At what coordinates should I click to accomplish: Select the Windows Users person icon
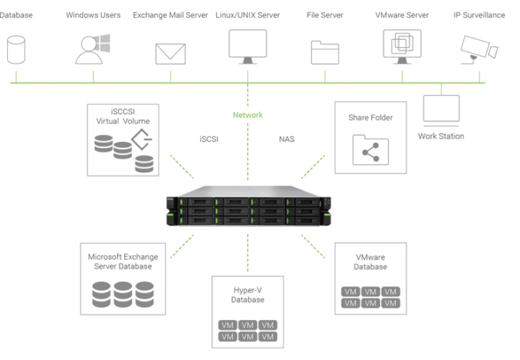click(x=92, y=48)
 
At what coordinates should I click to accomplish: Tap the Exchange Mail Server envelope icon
click(x=170, y=54)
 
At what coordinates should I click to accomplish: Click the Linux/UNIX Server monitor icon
click(x=247, y=46)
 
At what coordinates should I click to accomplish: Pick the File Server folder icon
click(x=325, y=52)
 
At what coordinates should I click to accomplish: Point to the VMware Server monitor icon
click(x=402, y=46)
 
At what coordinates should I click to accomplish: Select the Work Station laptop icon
click(x=441, y=109)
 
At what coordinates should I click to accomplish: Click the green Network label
click(x=248, y=115)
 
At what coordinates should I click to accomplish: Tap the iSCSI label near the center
click(x=209, y=139)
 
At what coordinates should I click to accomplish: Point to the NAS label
click(x=286, y=139)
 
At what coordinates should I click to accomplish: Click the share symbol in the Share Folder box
click(x=370, y=151)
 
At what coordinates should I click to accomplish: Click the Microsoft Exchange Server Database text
click(x=123, y=261)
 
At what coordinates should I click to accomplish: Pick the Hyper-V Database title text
click(x=247, y=294)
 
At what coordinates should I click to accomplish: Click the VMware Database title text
click(x=370, y=261)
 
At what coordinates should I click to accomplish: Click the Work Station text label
click(x=441, y=136)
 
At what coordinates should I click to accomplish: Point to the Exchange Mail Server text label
click(x=170, y=15)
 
